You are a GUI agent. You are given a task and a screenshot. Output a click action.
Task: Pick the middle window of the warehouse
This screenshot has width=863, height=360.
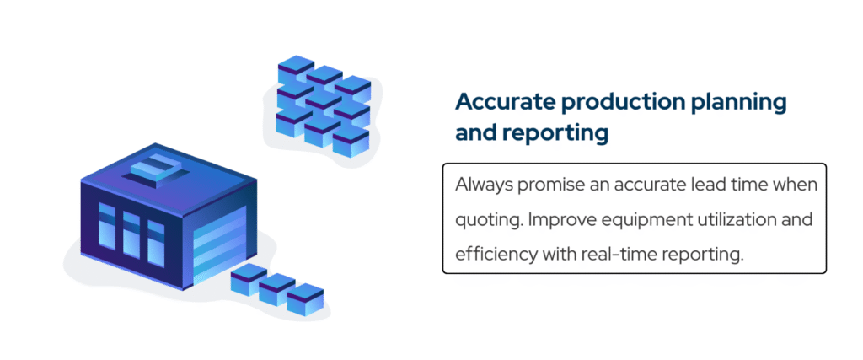pos(131,233)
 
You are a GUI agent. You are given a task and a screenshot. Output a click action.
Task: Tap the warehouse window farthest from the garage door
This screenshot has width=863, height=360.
pos(106,225)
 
